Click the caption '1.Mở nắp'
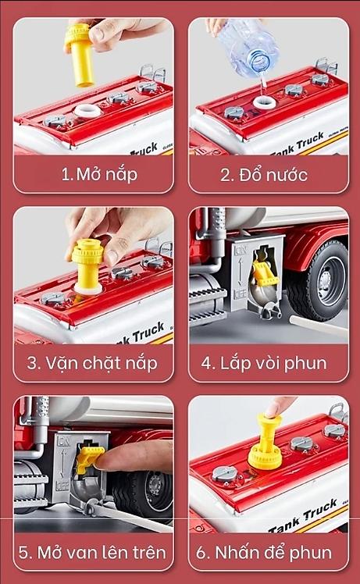(x=99, y=173)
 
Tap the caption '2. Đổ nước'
(x=264, y=173)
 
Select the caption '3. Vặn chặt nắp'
(x=93, y=363)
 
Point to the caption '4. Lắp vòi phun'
(x=264, y=363)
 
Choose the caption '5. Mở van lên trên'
(x=93, y=552)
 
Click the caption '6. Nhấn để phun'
(x=264, y=552)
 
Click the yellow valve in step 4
(x=265, y=272)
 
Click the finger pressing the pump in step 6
(x=280, y=406)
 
